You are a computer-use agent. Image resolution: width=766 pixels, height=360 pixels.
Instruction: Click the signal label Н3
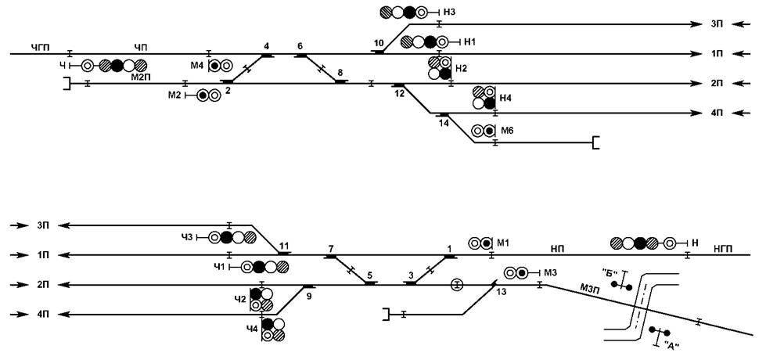tap(449, 13)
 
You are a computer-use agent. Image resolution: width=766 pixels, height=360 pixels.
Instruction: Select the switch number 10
tap(379, 42)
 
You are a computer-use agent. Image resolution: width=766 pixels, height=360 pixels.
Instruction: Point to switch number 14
tap(444, 123)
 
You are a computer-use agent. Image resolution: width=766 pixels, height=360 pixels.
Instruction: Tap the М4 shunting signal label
tap(198, 66)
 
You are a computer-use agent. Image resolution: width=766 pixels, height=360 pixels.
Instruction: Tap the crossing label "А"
tap(671, 344)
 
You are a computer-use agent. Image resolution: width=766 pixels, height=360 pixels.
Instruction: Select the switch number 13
tap(502, 292)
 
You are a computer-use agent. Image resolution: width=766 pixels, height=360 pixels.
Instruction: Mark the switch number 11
tap(284, 245)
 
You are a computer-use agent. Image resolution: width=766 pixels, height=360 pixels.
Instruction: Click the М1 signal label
tap(504, 243)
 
